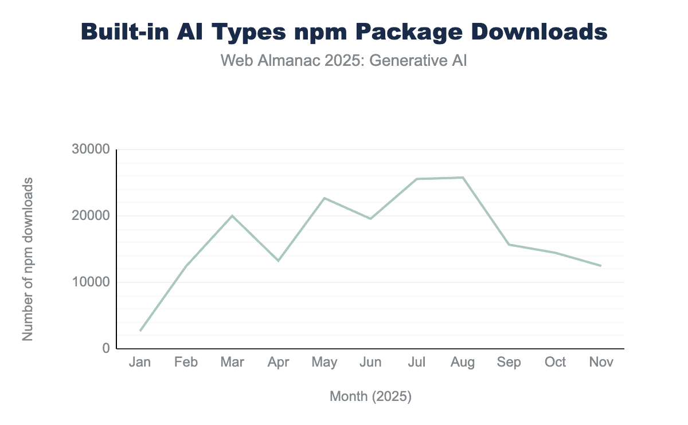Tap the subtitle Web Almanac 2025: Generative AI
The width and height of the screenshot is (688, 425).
point(344,60)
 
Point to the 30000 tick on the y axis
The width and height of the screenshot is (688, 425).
point(91,149)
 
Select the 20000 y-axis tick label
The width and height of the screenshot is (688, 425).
point(91,216)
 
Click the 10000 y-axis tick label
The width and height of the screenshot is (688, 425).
point(91,282)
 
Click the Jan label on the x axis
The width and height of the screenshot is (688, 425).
point(140,362)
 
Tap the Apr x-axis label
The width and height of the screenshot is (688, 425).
point(278,362)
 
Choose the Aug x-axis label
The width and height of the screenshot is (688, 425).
point(463,362)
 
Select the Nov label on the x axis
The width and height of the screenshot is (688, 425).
point(601,362)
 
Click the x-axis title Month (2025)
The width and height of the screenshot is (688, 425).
point(370,396)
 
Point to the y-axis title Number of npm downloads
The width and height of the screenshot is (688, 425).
point(28,259)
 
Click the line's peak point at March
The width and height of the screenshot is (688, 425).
point(232,215)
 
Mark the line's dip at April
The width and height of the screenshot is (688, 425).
point(278,261)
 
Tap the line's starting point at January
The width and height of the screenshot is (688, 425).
point(140,330)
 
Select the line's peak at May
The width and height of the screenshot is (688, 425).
point(325,198)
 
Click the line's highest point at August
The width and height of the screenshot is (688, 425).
point(463,178)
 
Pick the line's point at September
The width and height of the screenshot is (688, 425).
point(509,245)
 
